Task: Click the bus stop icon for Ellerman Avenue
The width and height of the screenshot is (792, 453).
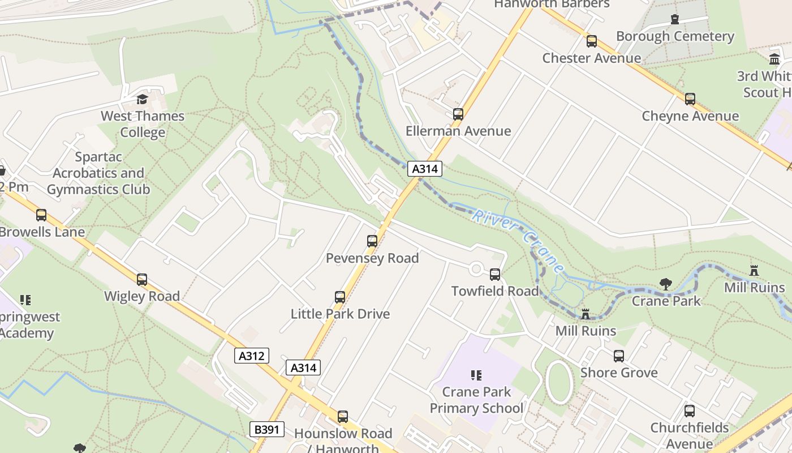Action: (x=458, y=114)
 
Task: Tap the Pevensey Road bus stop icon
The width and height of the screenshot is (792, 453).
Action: (x=372, y=241)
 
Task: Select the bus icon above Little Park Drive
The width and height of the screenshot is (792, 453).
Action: (x=340, y=297)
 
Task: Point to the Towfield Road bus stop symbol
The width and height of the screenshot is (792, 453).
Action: (x=495, y=275)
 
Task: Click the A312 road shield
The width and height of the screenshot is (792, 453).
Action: (x=252, y=356)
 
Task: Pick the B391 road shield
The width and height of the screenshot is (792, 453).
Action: (x=267, y=429)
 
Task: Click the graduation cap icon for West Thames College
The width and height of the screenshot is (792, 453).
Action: (x=143, y=100)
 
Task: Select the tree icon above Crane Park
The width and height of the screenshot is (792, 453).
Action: (x=666, y=284)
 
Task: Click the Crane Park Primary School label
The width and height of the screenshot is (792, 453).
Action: (x=476, y=400)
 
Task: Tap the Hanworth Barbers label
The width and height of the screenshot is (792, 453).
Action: (x=552, y=5)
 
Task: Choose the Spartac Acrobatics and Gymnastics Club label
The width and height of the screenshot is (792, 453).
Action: (x=98, y=173)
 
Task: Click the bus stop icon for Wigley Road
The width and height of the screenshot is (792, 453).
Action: (x=142, y=280)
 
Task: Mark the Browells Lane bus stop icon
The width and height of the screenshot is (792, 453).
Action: (x=41, y=215)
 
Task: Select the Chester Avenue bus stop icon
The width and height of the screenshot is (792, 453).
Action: (x=592, y=41)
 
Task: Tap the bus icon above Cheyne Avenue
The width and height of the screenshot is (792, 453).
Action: (x=690, y=99)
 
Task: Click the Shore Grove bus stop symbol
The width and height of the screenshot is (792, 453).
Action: (x=619, y=356)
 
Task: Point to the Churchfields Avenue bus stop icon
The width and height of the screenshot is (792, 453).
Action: (x=690, y=411)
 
